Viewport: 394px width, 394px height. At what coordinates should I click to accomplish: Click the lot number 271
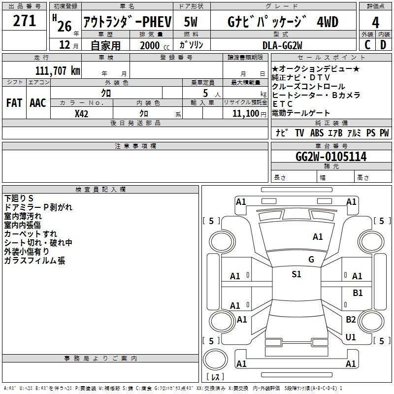tap(24, 21)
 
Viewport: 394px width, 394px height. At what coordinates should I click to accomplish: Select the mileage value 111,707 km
tap(58, 70)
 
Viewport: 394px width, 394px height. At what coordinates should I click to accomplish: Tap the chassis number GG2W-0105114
tap(331, 157)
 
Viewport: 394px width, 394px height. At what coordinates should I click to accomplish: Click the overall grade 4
tap(375, 22)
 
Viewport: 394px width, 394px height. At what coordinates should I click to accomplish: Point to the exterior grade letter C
tap(367, 45)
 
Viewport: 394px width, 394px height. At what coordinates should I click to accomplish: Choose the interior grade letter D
tap(383, 45)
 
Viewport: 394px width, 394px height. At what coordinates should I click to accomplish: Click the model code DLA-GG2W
tap(282, 45)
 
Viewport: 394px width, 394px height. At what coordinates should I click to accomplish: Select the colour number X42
tap(81, 114)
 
